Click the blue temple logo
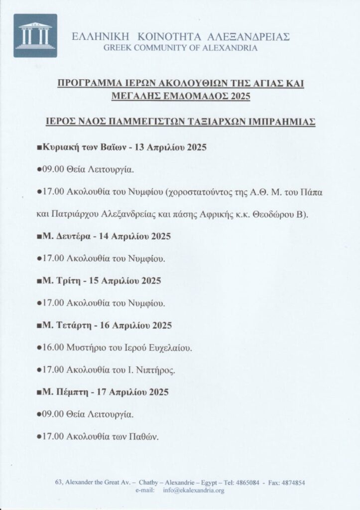[35, 35]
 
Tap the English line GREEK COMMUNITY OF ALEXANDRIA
[180, 48]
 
